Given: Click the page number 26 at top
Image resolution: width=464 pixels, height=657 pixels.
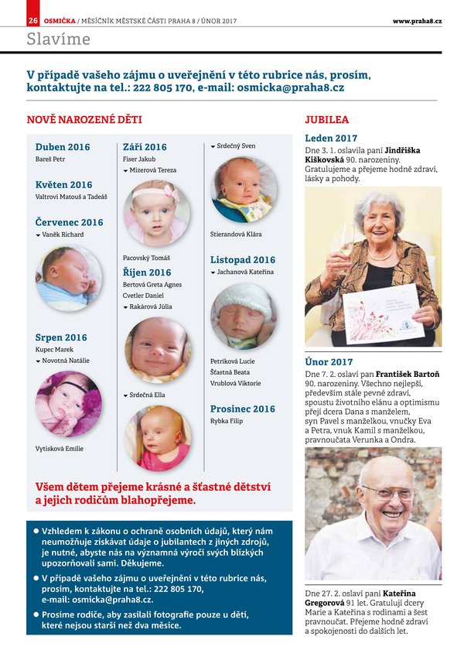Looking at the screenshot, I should (33, 20).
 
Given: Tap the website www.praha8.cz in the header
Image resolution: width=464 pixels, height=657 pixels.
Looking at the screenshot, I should (417, 20).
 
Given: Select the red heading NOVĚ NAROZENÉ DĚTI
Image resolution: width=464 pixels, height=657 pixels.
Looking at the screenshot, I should (84, 120).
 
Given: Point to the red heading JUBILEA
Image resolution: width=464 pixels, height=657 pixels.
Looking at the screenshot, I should (326, 120).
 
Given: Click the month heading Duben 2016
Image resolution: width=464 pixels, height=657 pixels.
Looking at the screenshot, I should (63, 147).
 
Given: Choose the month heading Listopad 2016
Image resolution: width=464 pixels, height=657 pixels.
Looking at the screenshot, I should (243, 260).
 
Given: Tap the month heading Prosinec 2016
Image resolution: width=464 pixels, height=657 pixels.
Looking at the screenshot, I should (243, 409).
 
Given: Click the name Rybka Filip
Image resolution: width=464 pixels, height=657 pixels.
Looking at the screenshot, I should (227, 421).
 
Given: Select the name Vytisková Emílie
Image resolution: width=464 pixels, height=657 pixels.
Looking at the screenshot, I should (60, 449).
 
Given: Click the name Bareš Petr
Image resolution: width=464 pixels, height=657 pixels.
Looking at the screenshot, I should (50, 159).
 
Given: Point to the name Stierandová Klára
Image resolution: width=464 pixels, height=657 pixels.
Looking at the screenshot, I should (236, 234).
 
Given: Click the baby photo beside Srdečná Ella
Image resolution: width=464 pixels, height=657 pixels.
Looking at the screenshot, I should (157, 439).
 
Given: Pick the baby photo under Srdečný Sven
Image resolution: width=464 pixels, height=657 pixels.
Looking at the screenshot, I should (243, 190).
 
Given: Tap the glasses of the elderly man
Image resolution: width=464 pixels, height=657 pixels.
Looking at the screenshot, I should (387, 492).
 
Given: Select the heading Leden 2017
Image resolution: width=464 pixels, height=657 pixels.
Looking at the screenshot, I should (331, 138).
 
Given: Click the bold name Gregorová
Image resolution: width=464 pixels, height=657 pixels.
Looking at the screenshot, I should (330, 601).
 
